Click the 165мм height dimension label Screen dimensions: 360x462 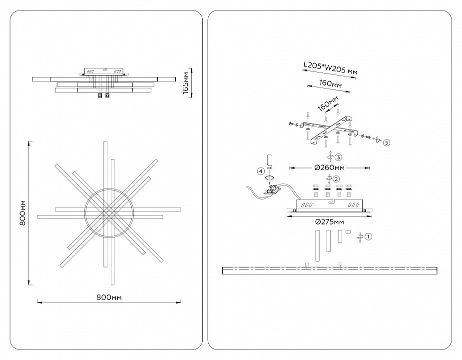click(x=185, y=82)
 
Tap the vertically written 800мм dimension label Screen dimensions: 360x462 click(x=22, y=212)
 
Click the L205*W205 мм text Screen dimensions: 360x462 click(x=330, y=68)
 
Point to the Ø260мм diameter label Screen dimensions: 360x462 click(x=330, y=167)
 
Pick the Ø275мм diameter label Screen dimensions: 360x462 click(x=329, y=221)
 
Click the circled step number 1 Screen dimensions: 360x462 click(x=369, y=236)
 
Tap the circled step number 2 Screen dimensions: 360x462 click(x=336, y=179)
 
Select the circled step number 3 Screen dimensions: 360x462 click(x=338, y=157)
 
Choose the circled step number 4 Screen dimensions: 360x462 click(x=260, y=171)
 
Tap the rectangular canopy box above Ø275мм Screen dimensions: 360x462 click(x=329, y=205)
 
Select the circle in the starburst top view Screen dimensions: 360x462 click(x=109, y=212)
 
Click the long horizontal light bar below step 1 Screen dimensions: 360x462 click(x=330, y=270)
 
